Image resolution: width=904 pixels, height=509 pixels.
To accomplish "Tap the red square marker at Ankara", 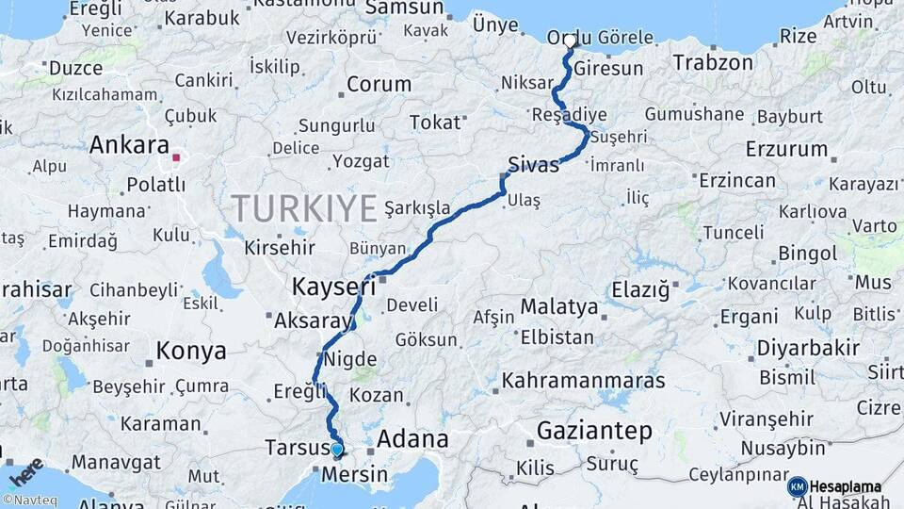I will [x=176, y=147].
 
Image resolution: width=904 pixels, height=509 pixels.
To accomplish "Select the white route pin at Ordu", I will [x=570, y=41].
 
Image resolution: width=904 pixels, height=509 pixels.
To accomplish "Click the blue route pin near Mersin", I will [x=337, y=450].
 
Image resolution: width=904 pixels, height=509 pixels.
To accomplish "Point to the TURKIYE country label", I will [x=304, y=207].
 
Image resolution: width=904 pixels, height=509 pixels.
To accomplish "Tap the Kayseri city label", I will [x=334, y=285].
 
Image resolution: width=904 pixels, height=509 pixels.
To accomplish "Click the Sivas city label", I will [x=533, y=164].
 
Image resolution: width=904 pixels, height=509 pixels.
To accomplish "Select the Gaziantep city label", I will [x=594, y=432].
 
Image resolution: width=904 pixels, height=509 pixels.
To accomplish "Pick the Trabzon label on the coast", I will [x=713, y=63].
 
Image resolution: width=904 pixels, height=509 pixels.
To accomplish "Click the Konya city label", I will [x=191, y=352].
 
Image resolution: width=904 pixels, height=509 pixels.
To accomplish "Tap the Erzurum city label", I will [x=786, y=149].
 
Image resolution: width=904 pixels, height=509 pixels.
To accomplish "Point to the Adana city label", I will [x=412, y=439].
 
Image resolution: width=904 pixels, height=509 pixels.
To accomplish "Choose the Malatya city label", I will [x=558, y=307].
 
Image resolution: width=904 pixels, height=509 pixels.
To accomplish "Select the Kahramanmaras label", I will [x=583, y=382].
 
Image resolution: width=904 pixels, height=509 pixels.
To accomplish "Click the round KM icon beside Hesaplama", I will [x=797, y=486].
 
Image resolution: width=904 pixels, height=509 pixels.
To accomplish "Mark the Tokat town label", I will [x=436, y=123].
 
